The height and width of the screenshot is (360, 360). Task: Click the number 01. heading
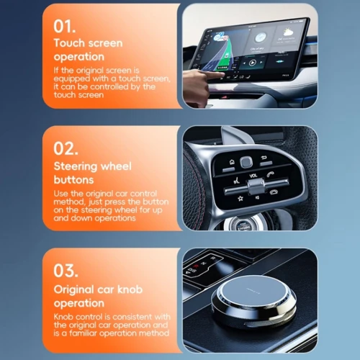pos(65,27)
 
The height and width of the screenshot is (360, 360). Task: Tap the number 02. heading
pos(66,149)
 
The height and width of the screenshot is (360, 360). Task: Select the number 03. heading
pos(66,271)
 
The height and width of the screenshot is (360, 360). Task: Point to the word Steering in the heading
pos(74,167)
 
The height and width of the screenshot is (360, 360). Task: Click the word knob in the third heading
pos(130,289)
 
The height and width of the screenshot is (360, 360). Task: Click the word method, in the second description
pos(69,202)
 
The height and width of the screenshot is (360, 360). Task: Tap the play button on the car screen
pos(252,63)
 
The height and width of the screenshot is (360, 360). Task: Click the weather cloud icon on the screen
pos(287,32)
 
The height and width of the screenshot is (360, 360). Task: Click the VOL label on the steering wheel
pos(253,176)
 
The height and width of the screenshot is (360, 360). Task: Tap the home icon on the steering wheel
pos(232,162)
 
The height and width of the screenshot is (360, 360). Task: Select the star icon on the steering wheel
pos(240,198)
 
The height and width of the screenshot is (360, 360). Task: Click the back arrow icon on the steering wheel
pos(264,158)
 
